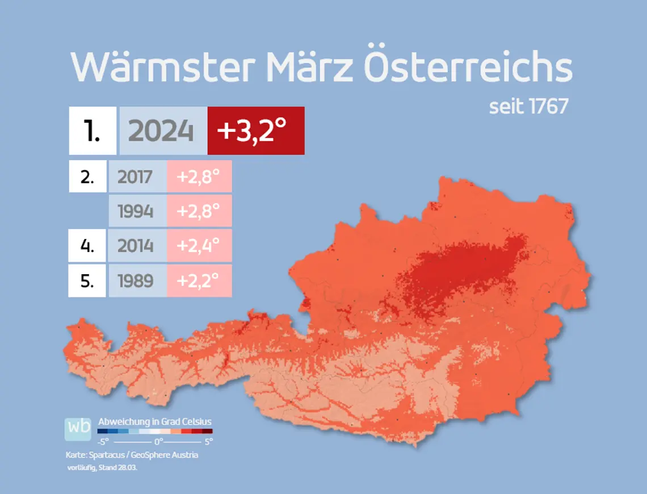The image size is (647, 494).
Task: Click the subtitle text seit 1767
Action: [528, 107]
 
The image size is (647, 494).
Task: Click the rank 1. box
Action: [93, 131]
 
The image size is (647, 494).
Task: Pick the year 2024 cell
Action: [162, 131]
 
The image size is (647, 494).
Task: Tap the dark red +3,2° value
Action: [255, 131]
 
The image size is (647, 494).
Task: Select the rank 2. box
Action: [88, 177]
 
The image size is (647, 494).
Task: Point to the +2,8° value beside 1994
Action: [199, 211]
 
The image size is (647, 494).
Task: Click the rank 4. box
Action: [88, 246]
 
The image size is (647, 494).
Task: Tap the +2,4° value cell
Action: [199, 246]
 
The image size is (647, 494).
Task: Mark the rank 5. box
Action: [88, 281]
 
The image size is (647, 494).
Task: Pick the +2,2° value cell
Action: [199, 281]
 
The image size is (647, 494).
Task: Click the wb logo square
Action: [78, 429]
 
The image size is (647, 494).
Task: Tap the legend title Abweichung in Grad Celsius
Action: [155, 422]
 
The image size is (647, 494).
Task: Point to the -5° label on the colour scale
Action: [103, 441]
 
